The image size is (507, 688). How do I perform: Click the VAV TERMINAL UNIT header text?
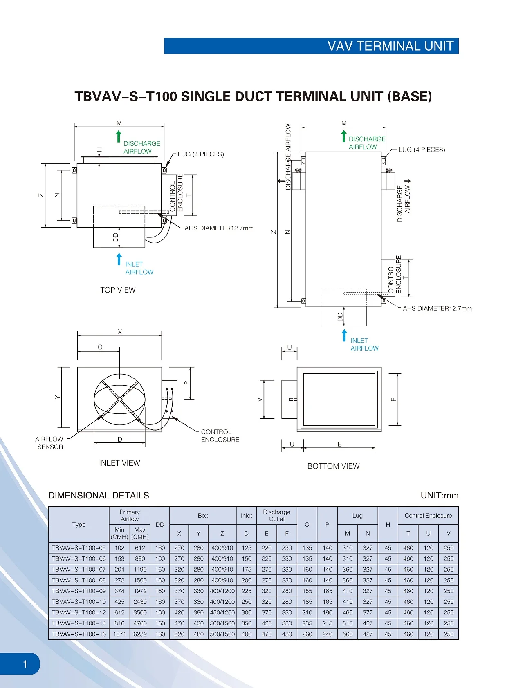click(390, 46)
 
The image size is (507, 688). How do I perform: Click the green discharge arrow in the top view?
click(119, 136)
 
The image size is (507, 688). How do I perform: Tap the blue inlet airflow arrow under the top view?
click(119, 259)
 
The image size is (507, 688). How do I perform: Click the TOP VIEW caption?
click(118, 290)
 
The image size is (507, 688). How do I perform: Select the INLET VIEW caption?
click(119, 463)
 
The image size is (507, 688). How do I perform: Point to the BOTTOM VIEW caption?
click(333, 466)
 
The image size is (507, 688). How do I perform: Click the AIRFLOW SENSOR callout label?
click(49, 443)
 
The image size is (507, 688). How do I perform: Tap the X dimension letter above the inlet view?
click(120, 332)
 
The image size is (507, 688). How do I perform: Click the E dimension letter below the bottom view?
click(339, 444)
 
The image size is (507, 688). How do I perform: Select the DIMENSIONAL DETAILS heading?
click(99, 495)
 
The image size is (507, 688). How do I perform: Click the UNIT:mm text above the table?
click(439, 496)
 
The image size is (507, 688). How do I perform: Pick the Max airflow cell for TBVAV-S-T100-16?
click(140, 634)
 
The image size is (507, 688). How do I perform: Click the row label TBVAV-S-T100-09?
click(79, 591)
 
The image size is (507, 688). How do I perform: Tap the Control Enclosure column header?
click(428, 516)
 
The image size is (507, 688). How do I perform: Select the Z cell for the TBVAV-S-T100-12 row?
click(222, 612)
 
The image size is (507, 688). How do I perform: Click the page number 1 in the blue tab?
click(25, 664)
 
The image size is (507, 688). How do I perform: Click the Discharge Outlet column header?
click(276, 516)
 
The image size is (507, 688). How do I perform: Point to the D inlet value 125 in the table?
click(246, 548)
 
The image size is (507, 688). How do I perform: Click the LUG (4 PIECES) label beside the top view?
click(200, 154)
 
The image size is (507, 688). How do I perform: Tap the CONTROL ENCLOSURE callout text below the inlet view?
click(220, 436)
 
